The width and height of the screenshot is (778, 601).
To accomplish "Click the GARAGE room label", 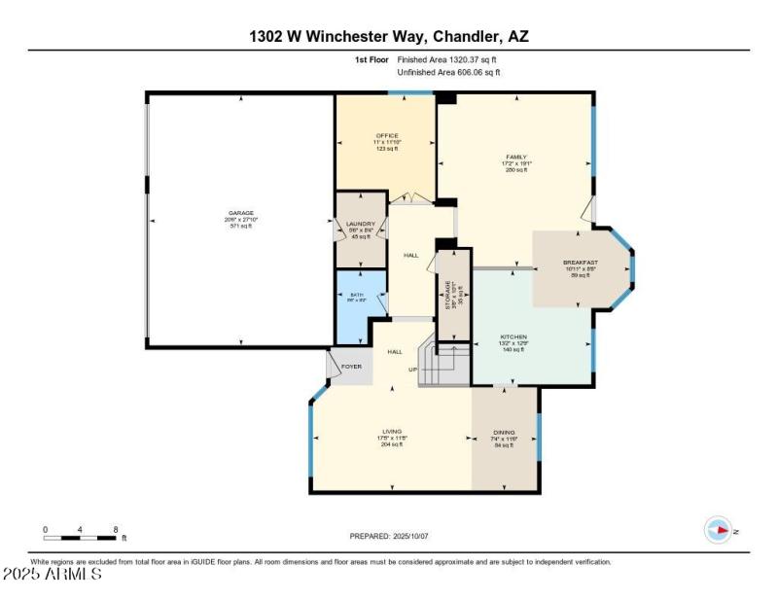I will click(x=241, y=212).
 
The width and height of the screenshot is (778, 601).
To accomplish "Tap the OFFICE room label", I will click(x=387, y=135).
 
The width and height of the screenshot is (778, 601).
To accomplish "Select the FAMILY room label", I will click(x=515, y=156).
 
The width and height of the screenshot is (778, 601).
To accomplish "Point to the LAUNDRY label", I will click(x=360, y=224).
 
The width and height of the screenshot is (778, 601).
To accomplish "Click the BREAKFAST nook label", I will click(x=581, y=263).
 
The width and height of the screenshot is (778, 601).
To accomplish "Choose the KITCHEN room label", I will click(x=513, y=336).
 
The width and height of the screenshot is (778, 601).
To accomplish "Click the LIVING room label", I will click(x=391, y=431).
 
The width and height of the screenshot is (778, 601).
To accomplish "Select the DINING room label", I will click(x=504, y=433).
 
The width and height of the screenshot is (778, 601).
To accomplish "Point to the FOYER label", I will click(x=351, y=367).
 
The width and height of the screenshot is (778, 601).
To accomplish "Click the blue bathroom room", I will click(x=357, y=307).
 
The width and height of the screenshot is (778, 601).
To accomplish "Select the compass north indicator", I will click(x=719, y=530).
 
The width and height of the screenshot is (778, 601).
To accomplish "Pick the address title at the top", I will click(x=389, y=37).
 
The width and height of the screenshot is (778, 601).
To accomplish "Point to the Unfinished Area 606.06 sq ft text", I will click(x=449, y=72).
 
